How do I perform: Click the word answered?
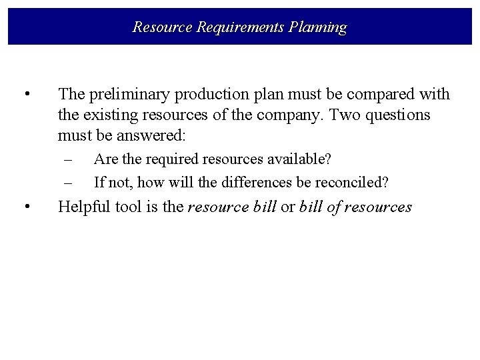click(153, 136)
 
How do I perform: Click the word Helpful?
click(83, 207)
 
